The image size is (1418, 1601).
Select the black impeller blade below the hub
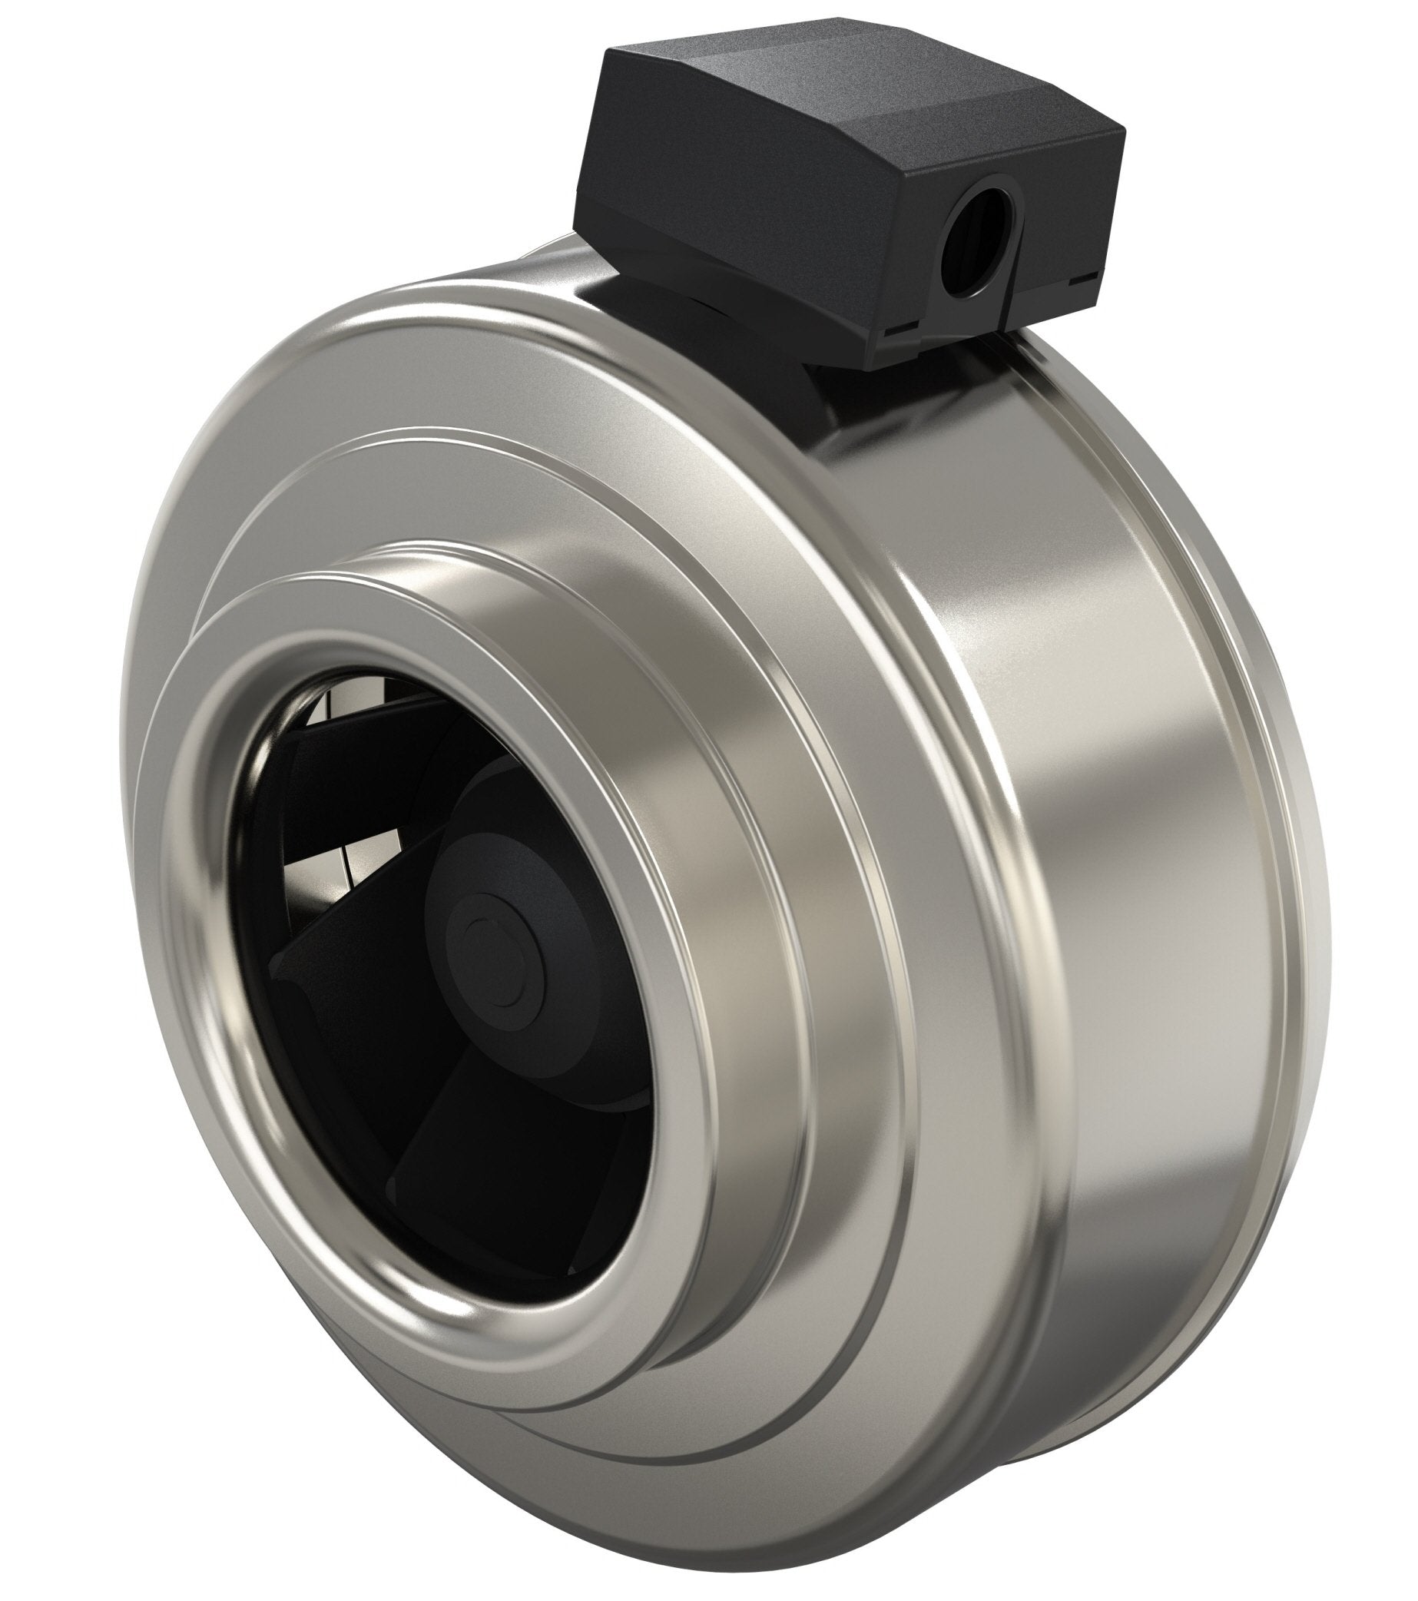(x=501, y=1159)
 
